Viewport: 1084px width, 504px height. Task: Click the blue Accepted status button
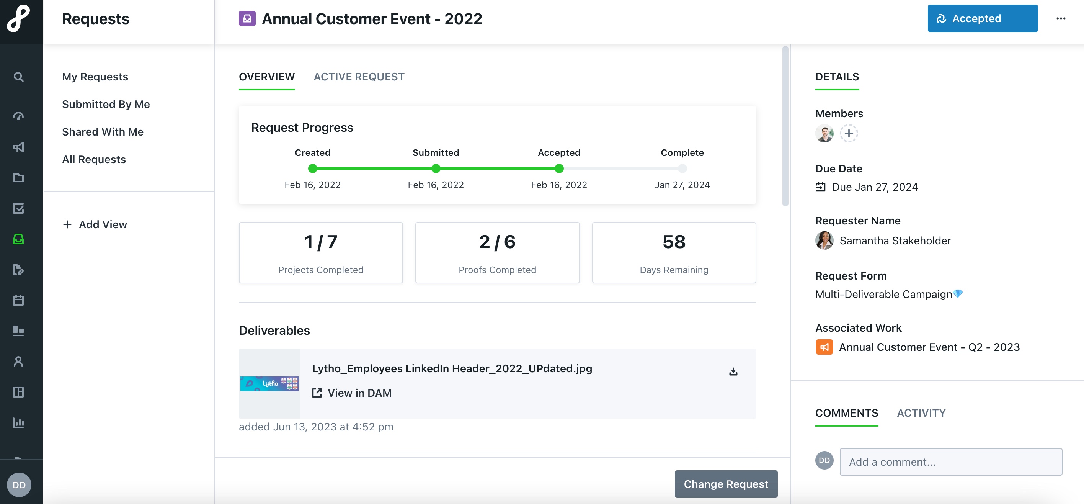tap(982, 18)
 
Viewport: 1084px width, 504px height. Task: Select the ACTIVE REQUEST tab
tap(359, 77)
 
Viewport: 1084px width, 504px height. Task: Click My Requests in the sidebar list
tap(95, 77)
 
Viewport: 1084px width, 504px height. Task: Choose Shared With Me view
tap(103, 132)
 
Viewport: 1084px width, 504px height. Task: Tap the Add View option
tap(95, 224)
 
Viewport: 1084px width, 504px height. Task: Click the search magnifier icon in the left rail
tap(18, 77)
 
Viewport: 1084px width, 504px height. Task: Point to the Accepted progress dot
tap(559, 169)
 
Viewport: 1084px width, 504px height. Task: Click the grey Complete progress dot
tap(682, 169)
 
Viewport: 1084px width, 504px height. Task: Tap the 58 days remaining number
tap(674, 242)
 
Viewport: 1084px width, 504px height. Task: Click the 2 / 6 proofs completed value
tap(497, 242)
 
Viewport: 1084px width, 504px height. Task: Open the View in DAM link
tap(359, 393)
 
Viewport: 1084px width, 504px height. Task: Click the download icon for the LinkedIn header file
tap(733, 371)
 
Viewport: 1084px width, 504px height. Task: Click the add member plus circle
tap(849, 134)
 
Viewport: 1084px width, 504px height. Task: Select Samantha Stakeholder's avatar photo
tap(824, 241)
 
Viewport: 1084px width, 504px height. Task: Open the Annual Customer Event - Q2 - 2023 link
tap(929, 347)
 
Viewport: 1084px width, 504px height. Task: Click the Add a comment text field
tap(950, 462)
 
